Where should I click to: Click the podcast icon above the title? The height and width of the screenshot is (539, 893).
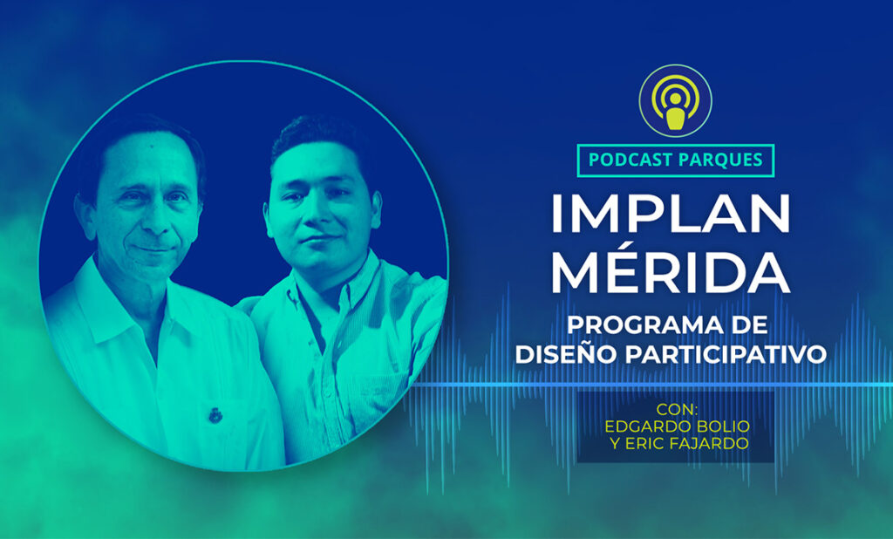[675, 100]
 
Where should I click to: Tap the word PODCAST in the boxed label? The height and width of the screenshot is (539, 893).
[628, 160]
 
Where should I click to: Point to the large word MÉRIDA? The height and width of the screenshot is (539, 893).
[671, 272]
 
